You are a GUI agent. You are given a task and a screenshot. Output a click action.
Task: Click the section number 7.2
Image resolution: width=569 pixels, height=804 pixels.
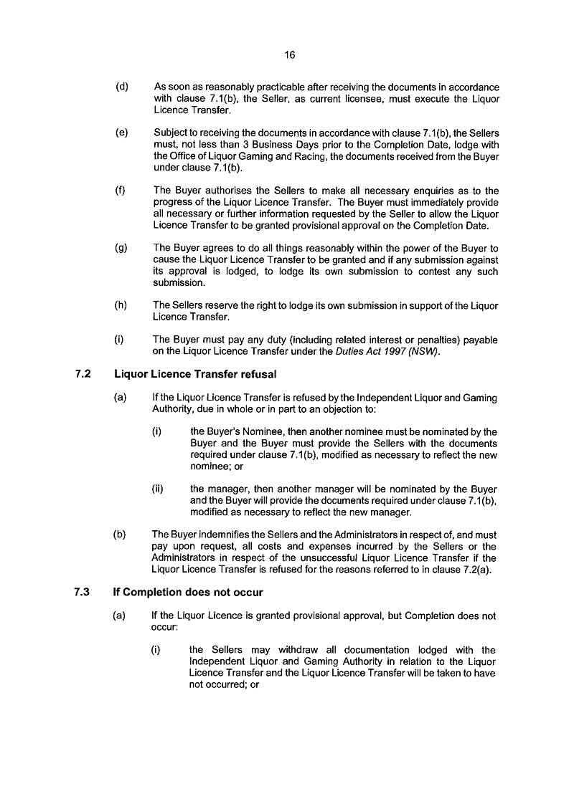(82, 374)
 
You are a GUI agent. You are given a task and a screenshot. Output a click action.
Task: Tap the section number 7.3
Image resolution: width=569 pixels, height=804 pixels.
(82, 593)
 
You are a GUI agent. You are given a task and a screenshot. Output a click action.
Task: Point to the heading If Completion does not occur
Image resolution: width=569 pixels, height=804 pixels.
(188, 593)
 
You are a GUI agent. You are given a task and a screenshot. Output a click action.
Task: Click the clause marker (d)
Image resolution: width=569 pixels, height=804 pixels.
(122, 87)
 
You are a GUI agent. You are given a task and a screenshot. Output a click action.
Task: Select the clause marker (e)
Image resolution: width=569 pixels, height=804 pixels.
(122, 133)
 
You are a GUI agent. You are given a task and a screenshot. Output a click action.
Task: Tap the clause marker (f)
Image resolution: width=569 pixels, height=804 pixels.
(121, 191)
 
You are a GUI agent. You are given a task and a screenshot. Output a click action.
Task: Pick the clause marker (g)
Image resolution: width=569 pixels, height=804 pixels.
(122, 248)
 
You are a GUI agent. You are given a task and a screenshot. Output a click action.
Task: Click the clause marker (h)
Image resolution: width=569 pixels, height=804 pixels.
(122, 305)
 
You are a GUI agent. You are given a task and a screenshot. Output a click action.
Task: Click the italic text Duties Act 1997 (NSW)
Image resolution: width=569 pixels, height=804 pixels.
(387, 351)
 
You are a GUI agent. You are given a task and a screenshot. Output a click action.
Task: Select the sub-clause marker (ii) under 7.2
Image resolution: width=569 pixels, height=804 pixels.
(157, 489)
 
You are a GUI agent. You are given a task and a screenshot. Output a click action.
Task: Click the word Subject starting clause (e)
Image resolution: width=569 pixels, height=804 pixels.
(170, 133)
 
